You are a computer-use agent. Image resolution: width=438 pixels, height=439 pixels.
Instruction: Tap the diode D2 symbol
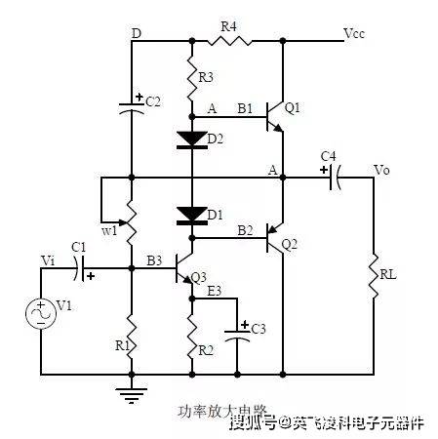pos(191,139)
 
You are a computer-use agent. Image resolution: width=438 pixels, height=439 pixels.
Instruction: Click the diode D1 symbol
pos(191,213)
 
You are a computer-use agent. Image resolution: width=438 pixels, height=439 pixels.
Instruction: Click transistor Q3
pos(186,268)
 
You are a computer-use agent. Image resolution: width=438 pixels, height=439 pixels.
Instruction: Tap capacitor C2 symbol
pos(132,105)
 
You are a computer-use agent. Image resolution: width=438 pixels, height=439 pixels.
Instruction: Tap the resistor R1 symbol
pos(132,336)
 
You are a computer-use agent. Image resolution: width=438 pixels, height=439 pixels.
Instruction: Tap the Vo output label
pos(383,169)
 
